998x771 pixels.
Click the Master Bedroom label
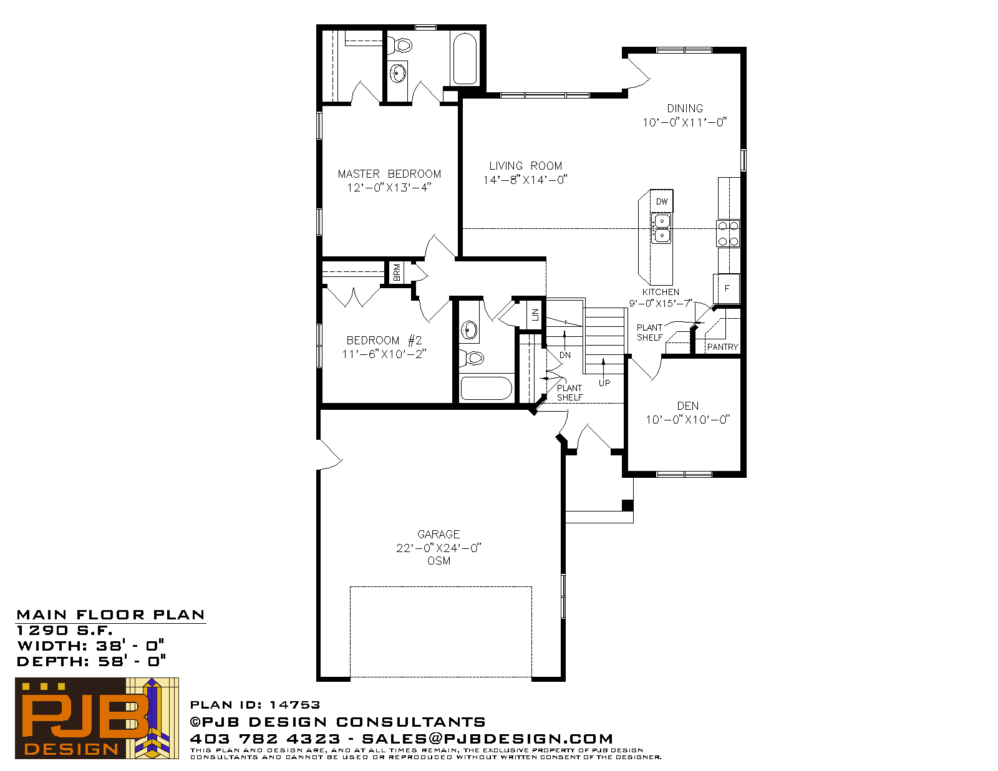coord(389,174)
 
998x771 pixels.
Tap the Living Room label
coord(525,166)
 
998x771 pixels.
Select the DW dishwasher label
coord(662,201)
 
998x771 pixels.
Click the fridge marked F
coord(727,288)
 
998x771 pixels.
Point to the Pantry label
coord(722,347)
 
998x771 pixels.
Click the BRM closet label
coord(397,273)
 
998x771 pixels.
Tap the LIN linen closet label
coord(535,315)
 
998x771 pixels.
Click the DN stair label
coord(565,355)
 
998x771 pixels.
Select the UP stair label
coord(604,383)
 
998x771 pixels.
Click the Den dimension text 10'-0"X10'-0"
coord(687,420)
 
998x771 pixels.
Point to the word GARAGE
coord(438,535)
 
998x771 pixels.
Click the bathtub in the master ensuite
coord(465,58)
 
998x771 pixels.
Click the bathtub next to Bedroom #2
coord(487,389)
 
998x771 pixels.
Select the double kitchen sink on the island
coord(661,228)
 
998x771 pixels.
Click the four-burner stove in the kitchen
coord(728,233)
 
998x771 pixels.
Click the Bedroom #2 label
coord(384,340)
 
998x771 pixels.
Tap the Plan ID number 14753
coord(294,705)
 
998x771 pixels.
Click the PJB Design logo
coord(97,718)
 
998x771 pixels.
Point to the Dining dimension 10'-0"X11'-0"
coord(685,123)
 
